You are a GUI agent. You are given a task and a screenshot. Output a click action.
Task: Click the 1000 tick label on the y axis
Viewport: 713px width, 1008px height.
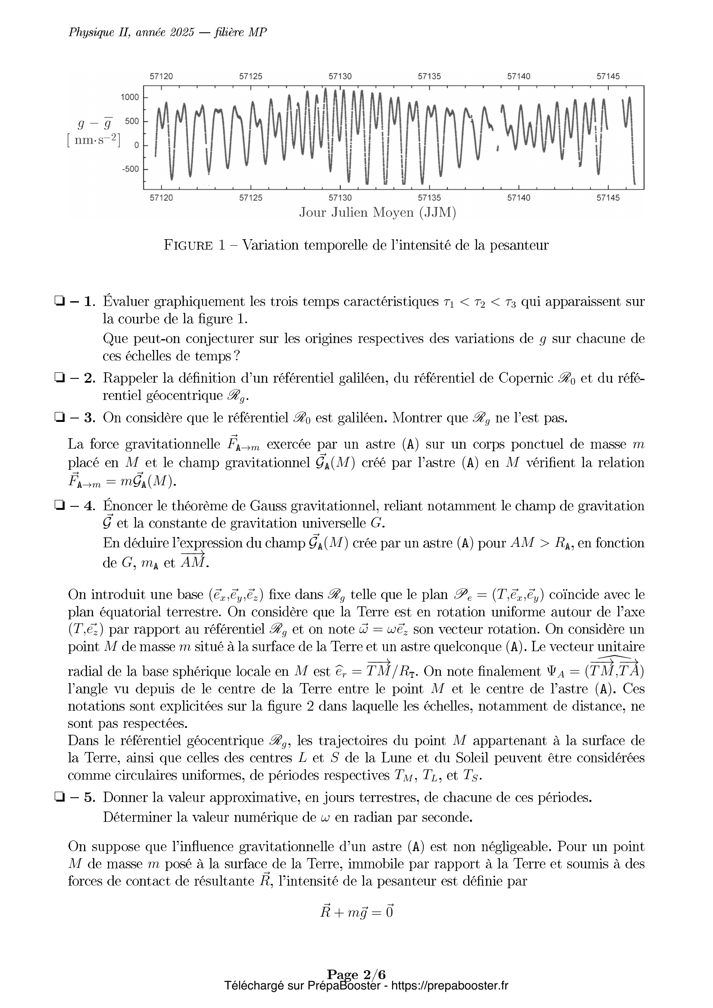[x=129, y=97]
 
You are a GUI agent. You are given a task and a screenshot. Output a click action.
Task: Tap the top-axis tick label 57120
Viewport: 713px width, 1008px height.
[x=162, y=76]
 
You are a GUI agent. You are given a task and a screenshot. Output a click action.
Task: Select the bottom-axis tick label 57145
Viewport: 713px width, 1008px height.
[x=608, y=198]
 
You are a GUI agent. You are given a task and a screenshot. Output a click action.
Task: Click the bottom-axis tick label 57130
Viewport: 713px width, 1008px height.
[x=340, y=198]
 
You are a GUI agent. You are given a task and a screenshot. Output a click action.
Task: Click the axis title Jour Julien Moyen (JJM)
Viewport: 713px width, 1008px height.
[x=378, y=213]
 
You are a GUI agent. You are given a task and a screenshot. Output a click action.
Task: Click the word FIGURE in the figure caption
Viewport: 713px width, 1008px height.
[x=188, y=245]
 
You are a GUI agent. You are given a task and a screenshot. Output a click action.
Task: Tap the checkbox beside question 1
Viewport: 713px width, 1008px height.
[x=58, y=302]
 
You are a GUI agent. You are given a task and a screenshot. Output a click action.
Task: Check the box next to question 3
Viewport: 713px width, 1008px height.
[x=58, y=418]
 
